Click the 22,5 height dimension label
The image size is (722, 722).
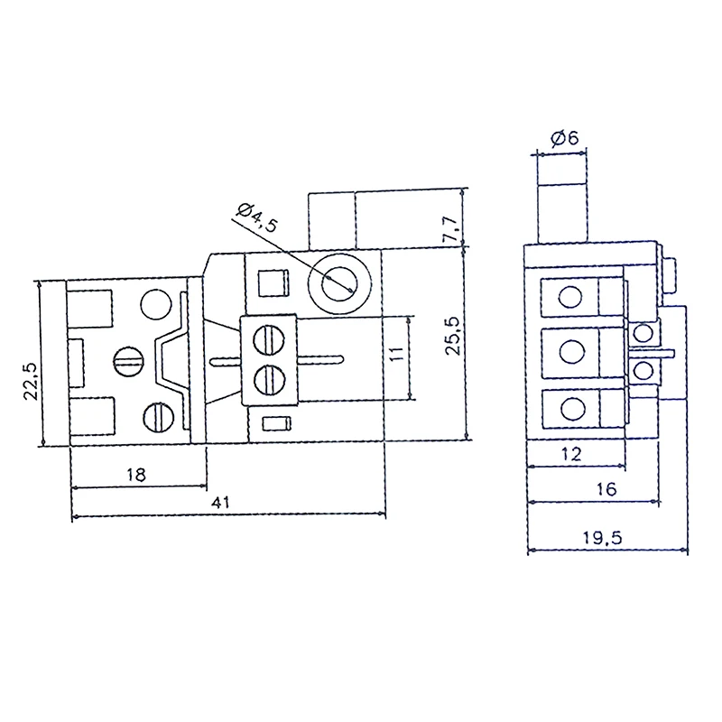tap(30, 380)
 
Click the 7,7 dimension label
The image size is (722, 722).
tap(450, 227)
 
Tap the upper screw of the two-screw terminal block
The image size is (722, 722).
tap(267, 340)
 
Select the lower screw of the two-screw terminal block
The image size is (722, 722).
tap(267, 378)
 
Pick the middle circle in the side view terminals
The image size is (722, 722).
tap(569, 352)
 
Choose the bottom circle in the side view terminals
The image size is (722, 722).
tap(569, 408)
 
